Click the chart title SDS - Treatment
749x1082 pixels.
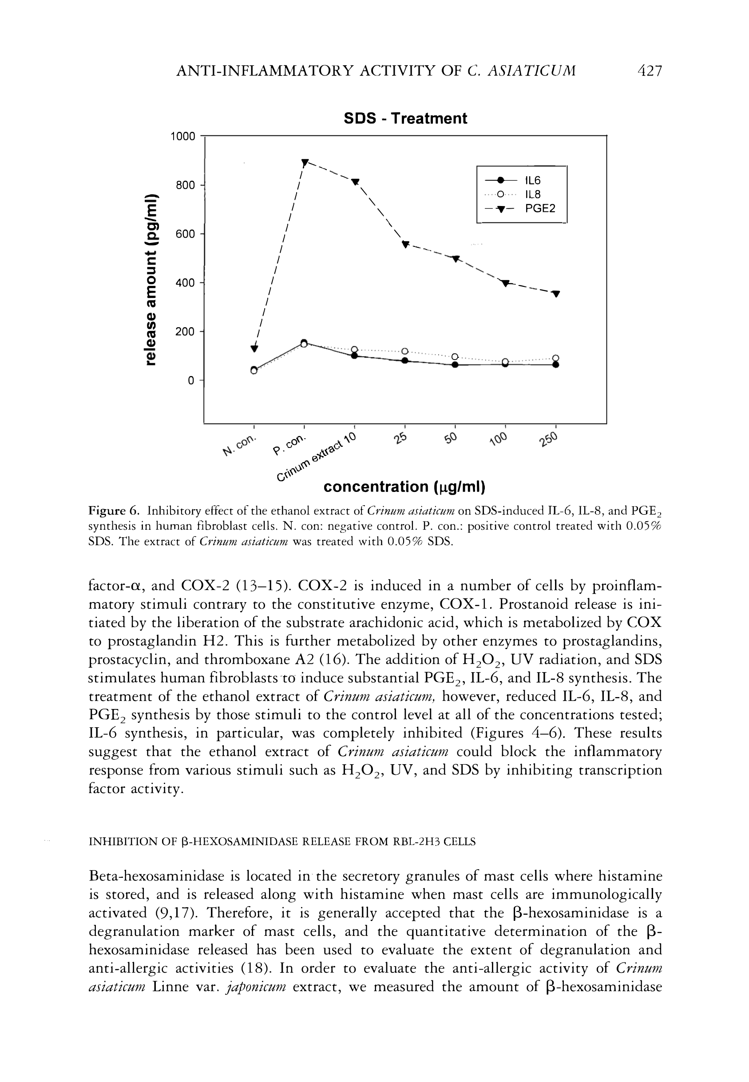coord(405,118)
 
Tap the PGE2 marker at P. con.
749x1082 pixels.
coord(305,163)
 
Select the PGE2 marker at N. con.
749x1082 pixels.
coord(254,348)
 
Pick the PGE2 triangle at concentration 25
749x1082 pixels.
coord(405,244)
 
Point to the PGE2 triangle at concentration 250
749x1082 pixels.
coord(556,294)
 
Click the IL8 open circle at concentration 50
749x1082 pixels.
coord(455,357)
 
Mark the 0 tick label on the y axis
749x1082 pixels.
coord(190,380)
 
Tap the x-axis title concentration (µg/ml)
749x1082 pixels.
coord(404,487)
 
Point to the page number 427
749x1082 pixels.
coord(650,71)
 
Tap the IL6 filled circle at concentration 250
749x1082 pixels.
coord(556,365)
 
